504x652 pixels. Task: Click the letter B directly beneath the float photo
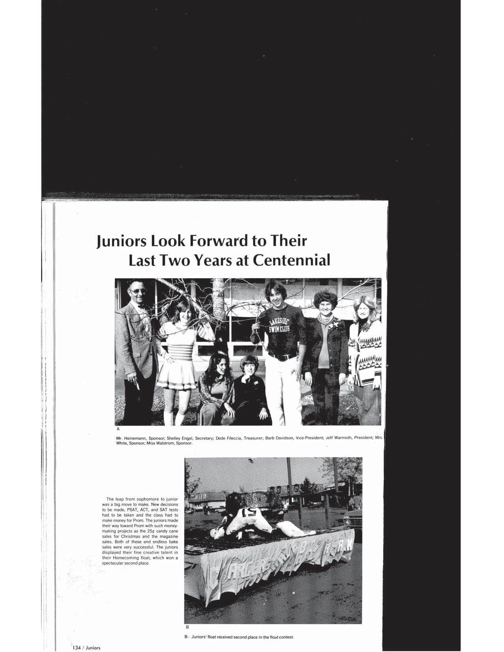coord(187,627)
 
